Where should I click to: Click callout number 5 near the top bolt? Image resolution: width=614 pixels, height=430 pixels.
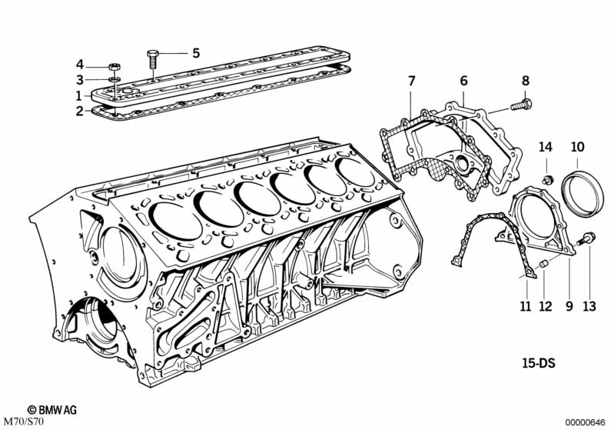point(196,52)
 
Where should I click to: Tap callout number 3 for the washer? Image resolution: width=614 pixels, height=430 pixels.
point(80,80)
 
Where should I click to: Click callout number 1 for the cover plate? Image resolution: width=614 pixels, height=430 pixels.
point(79,95)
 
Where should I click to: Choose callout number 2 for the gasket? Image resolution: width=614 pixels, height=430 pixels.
point(79,112)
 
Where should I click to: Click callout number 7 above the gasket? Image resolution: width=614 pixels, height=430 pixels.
point(411,81)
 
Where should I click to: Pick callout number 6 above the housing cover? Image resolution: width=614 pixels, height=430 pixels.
point(463,81)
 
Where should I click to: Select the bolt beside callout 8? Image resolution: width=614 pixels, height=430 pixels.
point(521,105)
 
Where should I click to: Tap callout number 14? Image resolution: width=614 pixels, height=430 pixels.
point(546,147)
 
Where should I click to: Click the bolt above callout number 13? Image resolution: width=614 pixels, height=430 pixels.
point(587,238)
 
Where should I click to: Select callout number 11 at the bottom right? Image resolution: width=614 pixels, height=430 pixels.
point(526,305)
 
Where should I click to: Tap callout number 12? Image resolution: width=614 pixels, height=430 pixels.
point(546,305)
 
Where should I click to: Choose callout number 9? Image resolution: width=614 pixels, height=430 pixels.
point(569,305)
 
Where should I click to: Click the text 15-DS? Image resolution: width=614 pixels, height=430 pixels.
point(539,363)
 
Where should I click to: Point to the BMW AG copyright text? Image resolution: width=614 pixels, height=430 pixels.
point(52,410)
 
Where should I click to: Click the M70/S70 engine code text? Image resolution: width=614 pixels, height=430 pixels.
point(22,422)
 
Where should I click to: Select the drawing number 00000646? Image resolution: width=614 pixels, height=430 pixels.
point(586,422)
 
